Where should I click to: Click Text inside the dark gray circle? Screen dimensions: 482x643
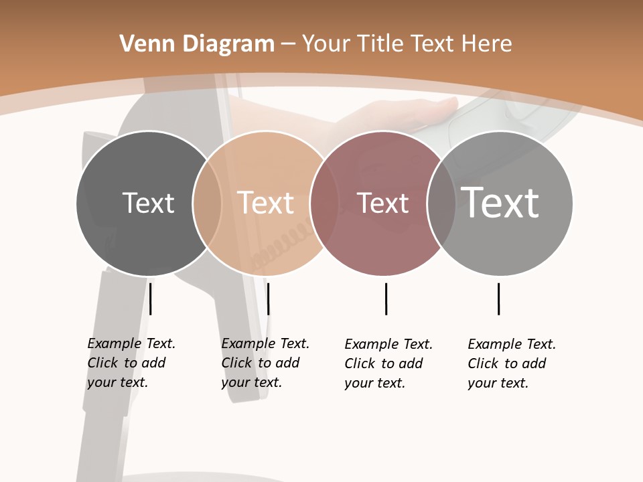tap(148, 203)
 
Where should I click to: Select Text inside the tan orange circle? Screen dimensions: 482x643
tap(266, 203)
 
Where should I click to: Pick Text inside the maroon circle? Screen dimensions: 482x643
tap(382, 203)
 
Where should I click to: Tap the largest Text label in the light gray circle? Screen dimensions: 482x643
tap(500, 203)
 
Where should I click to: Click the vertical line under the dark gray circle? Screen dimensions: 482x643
tap(151, 299)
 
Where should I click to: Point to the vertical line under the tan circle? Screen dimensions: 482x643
tap(268, 299)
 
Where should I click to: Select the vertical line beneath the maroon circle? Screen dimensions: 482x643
tap(386, 299)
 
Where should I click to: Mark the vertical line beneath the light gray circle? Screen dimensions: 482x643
tap(498, 299)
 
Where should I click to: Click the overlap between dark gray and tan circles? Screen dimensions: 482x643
tap(207, 203)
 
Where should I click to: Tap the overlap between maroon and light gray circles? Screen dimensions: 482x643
tap(441, 203)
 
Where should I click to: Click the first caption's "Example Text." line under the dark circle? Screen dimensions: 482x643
tap(131, 343)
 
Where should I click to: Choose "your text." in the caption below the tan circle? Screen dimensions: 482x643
tap(251, 382)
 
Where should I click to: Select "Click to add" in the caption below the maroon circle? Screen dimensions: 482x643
tap(384, 364)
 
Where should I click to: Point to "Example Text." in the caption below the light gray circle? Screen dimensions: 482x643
tap(512, 344)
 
